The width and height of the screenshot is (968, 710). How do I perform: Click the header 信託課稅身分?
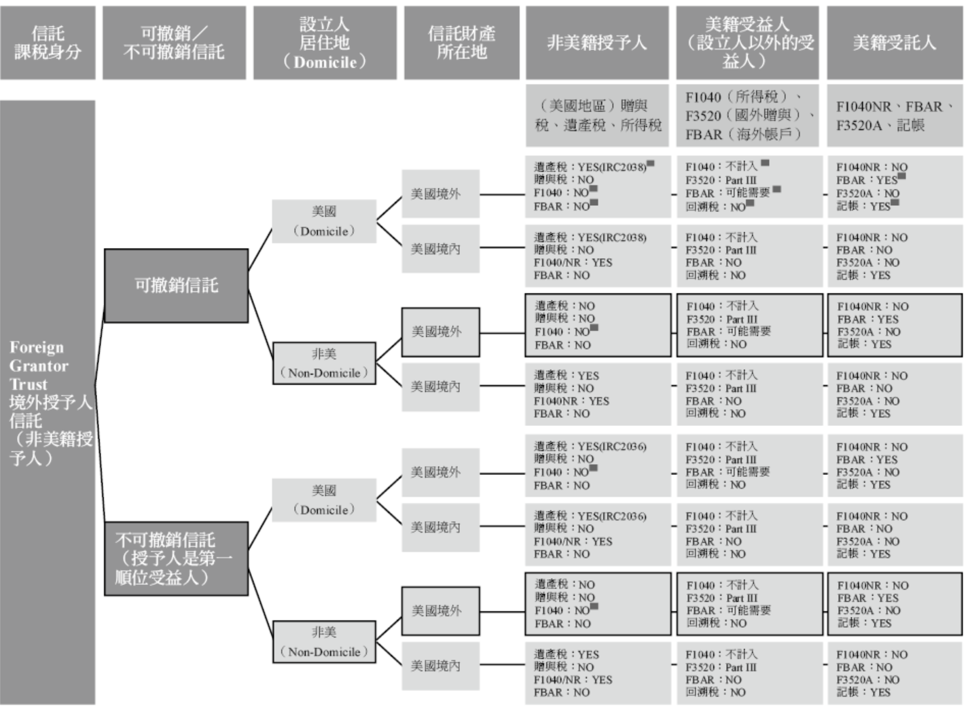[x=48, y=43]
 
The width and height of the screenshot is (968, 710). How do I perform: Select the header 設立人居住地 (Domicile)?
[x=324, y=43]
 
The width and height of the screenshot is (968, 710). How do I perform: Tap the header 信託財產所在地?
[x=461, y=43]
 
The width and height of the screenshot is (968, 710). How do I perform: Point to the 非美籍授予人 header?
[x=597, y=43]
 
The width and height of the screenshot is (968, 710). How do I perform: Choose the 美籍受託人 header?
[x=894, y=43]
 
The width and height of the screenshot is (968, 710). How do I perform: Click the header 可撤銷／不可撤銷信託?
[x=174, y=43]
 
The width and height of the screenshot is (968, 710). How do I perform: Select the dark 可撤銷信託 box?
[x=176, y=285]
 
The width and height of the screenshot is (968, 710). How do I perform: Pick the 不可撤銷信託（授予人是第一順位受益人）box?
[x=176, y=558]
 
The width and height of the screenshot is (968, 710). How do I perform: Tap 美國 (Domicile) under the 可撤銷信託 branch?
[x=324, y=221]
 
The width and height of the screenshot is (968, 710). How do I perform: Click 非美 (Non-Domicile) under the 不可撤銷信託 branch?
[x=324, y=642]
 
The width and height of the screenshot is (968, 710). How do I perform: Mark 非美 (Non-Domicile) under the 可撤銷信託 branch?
[x=324, y=363]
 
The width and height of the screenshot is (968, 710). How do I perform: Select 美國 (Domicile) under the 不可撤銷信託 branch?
[x=324, y=500]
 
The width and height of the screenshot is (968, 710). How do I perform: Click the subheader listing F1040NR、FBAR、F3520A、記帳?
[x=894, y=116]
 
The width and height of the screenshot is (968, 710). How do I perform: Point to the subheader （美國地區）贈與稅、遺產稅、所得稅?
[x=597, y=116]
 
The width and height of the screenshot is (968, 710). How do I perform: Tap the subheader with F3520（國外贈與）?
[x=747, y=116]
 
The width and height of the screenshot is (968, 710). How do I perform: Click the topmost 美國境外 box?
[x=440, y=194]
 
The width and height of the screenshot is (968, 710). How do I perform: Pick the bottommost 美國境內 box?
[x=440, y=666]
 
